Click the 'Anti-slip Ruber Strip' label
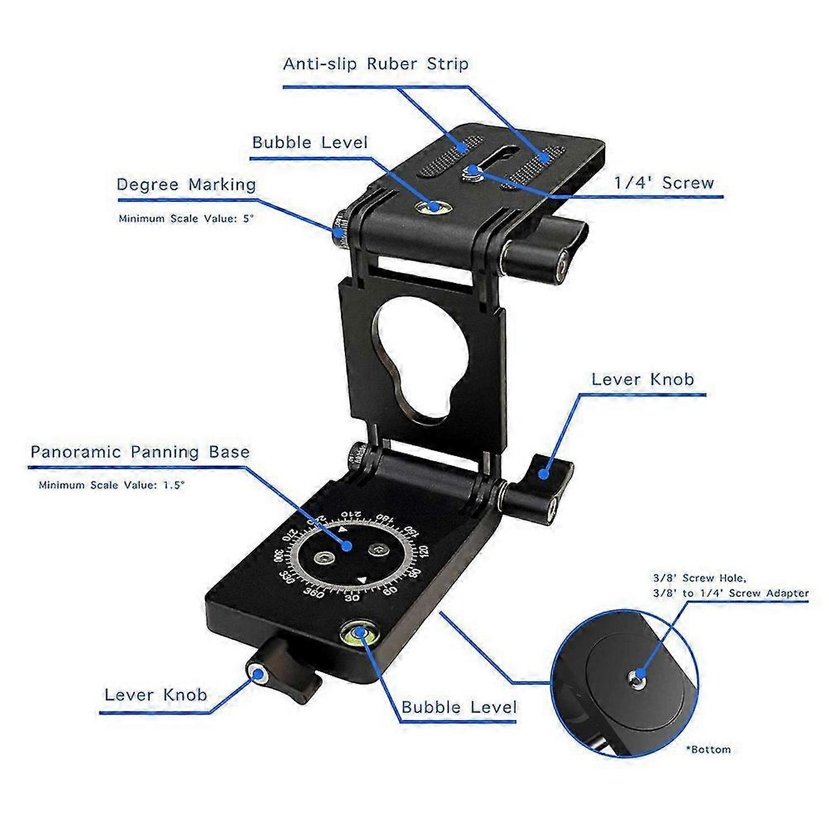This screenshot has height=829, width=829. [x=376, y=64]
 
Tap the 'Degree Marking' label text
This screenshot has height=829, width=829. [x=186, y=185]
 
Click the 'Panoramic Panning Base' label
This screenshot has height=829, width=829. [x=140, y=452]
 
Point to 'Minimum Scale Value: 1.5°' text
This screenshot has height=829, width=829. [x=112, y=485]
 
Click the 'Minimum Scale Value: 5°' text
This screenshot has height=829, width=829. [x=186, y=218]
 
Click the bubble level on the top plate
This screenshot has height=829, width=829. [x=432, y=207]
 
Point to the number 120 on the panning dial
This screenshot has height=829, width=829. [x=423, y=551]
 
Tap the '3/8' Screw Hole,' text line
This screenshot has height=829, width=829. [x=699, y=578]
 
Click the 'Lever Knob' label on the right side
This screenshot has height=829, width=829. [x=643, y=379]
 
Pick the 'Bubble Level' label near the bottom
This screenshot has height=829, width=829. [x=459, y=707]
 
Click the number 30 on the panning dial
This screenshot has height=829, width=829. [x=352, y=598]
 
